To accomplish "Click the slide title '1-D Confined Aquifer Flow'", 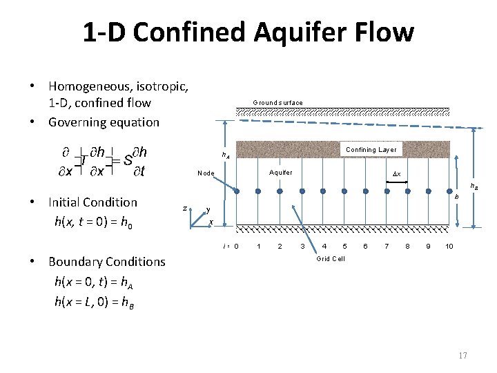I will [248, 32].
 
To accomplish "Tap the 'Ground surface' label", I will [277, 103].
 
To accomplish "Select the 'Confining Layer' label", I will [371, 150].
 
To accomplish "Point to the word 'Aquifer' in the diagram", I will [280, 173].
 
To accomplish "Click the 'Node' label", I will [206, 173].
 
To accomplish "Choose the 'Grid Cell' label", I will [331, 259].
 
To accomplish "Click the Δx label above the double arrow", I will [396, 173].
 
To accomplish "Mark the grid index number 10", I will [449, 247].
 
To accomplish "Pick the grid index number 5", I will [344, 247].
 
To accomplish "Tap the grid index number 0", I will [236, 247].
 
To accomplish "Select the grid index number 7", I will [387, 247].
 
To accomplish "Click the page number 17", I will [462, 355].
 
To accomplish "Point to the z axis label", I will [184, 207].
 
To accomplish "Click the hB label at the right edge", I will [475, 186].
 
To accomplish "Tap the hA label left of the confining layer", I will [226, 155].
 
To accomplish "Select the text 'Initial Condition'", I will [92, 202].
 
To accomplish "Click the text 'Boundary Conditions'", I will [106, 262].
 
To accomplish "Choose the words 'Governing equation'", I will [104, 122].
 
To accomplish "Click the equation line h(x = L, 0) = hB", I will [94, 302].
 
